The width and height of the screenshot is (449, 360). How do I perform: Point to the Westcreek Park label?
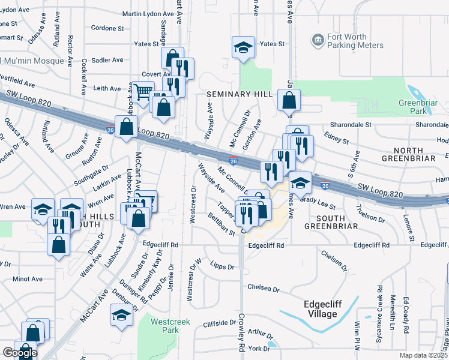170,326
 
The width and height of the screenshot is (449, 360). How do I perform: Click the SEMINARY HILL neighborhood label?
240,94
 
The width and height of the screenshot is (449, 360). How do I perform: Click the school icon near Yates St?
243,47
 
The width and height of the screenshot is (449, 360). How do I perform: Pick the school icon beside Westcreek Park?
121,316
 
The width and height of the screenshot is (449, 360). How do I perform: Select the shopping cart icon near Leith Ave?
143,92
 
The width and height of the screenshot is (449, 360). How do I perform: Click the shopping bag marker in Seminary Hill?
289,100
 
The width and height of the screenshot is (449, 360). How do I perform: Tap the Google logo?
19,353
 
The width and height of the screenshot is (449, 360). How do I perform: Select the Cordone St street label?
107,28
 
